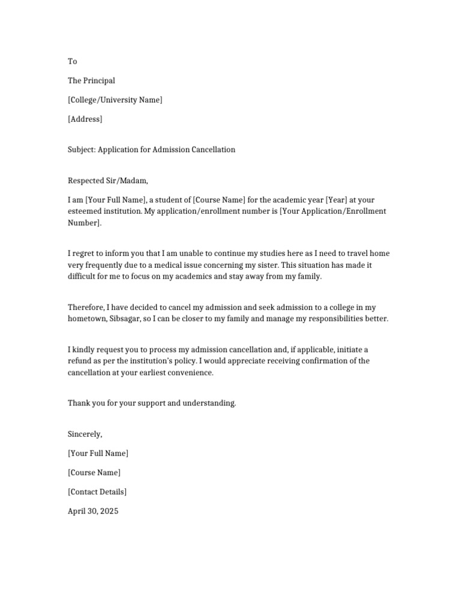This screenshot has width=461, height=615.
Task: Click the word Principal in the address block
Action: point(99,80)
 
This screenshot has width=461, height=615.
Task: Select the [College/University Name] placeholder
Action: point(115,100)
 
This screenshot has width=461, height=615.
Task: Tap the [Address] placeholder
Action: point(85,119)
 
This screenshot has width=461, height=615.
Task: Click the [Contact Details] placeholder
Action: point(97,492)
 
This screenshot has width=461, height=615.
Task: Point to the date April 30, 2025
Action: point(93,512)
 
